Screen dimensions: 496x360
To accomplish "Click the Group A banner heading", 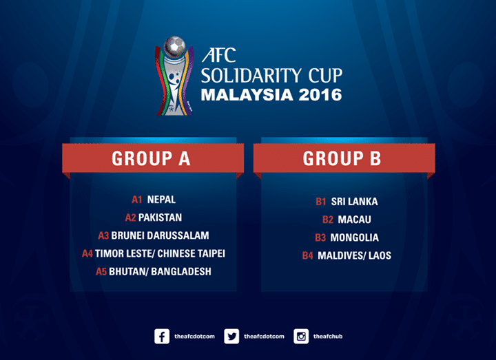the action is (151, 158).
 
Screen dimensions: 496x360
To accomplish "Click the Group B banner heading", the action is (342, 158).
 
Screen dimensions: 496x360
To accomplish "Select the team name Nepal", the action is (161, 200).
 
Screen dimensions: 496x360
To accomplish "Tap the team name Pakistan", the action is (160, 218).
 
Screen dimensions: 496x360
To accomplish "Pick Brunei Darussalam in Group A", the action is (160, 235).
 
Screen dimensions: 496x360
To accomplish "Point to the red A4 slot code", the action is (87, 253).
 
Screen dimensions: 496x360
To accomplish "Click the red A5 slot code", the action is (101, 271).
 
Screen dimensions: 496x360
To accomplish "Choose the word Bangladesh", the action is (181, 271).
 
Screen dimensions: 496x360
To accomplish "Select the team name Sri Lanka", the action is (354, 201).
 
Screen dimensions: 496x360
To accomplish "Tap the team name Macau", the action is (354, 220).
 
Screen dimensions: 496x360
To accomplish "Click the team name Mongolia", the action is (354, 237).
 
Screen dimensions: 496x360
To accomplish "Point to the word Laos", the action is (380, 255).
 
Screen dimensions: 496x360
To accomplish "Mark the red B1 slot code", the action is (321, 201).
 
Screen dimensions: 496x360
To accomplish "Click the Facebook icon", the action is (162, 337).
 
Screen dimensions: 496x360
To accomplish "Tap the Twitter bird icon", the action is (231, 337).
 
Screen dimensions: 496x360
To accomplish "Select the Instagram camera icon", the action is (301, 337).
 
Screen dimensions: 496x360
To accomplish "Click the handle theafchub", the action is (328, 337).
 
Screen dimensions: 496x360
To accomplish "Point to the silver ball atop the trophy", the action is (174, 46).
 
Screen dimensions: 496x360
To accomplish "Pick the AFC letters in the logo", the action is (219, 55).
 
